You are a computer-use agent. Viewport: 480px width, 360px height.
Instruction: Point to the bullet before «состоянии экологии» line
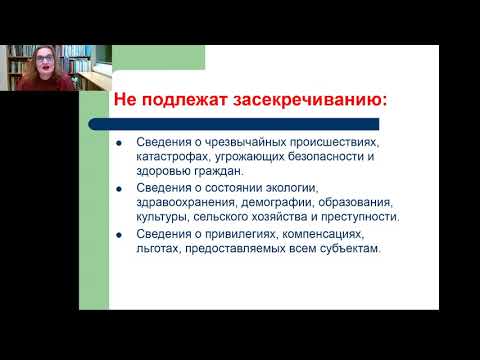coord(121,189)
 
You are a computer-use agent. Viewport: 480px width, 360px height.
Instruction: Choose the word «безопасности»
coord(308,157)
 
